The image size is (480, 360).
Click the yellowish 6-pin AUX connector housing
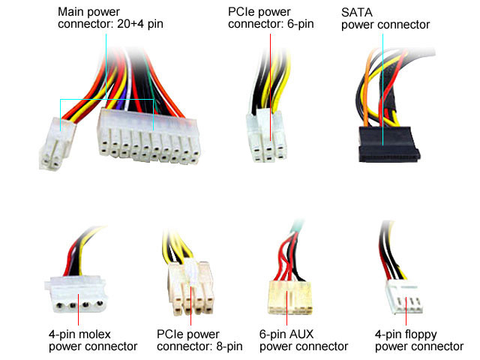pos(289,298)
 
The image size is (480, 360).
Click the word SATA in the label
pos(357,13)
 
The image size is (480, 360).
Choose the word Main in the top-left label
pos(72,13)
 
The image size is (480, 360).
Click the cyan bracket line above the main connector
pos(105,98)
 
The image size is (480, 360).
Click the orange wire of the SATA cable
pos(364,90)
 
